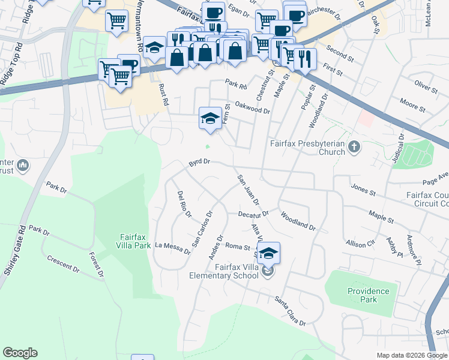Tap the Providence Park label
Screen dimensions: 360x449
[x=368, y=295]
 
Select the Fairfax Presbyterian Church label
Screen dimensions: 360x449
[x=307, y=148]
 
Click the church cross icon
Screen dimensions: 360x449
[x=355, y=146]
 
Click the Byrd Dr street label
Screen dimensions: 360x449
[x=199, y=162]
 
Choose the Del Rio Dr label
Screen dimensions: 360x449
[x=184, y=203]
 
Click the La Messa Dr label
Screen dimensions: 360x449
[x=172, y=247]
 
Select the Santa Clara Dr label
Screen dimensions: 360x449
[x=290, y=311]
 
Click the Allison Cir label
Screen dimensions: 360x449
[x=360, y=243]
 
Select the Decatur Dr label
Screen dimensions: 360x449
[x=252, y=213]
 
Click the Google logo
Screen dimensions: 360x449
[x=20, y=353]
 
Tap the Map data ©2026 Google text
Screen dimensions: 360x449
[x=411, y=355]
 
